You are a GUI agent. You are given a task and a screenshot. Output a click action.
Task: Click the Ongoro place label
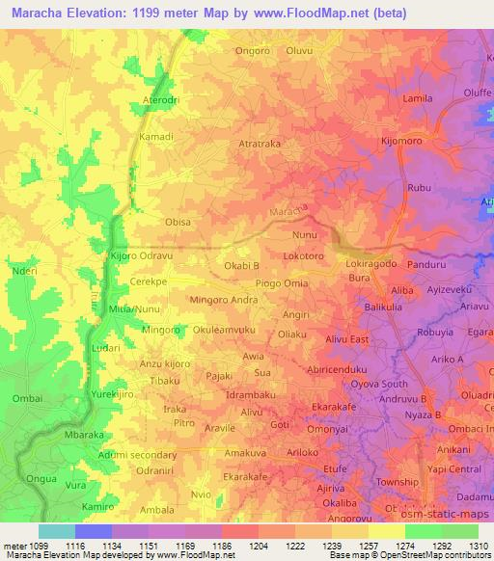pyautogui.click(x=254, y=51)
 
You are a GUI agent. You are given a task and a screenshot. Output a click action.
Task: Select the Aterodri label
pyautogui.click(x=161, y=99)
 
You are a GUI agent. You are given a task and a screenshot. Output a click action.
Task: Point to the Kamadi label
pyautogui.click(x=156, y=137)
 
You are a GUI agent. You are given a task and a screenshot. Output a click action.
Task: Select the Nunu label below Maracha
pyautogui.click(x=304, y=234)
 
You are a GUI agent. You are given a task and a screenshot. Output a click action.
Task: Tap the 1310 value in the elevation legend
pyautogui.click(x=478, y=545)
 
